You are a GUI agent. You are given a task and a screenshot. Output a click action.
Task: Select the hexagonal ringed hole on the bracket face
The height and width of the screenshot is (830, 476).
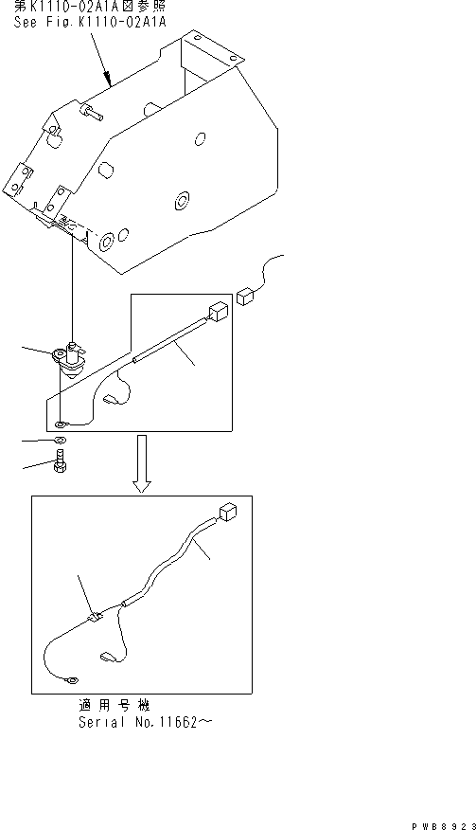tap(181, 201)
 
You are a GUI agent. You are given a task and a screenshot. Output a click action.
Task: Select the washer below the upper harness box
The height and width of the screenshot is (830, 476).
tap(61, 442)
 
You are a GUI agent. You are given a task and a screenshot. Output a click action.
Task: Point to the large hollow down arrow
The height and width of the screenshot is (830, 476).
tap(141, 463)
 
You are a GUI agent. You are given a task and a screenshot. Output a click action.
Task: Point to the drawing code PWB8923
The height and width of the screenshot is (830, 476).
tap(441, 817)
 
